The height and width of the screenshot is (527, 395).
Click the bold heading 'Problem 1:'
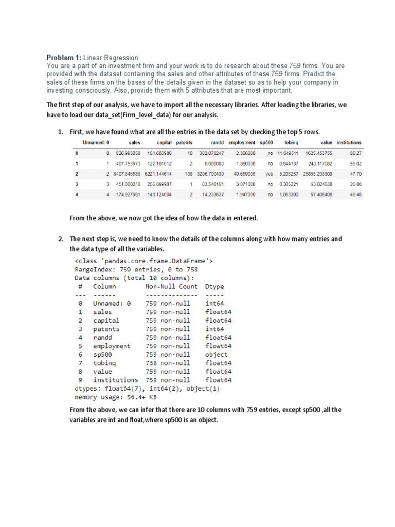point(64,58)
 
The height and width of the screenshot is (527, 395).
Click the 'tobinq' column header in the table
point(291,143)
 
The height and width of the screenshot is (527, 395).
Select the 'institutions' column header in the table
point(349,143)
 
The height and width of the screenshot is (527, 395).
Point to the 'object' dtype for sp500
point(216,355)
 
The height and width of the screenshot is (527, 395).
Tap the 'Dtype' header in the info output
point(214,286)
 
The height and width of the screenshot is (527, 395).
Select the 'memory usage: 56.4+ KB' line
point(116,397)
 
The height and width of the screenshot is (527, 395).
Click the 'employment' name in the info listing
point(112,346)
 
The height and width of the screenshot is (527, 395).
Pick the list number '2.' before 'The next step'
point(60,239)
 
